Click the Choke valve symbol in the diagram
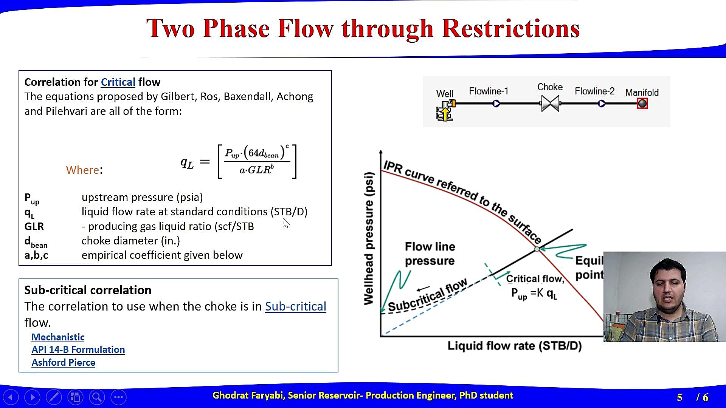point(550,103)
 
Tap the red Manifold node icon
point(642,104)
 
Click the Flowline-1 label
point(489,91)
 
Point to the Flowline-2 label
point(594,91)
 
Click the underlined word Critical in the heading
point(118,82)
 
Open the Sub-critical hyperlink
point(295,306)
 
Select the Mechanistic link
point(58,337)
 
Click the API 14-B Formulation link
point(78,350)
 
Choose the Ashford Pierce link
point(64,363)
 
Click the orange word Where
point(82,170)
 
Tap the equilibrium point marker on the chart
point(537,249)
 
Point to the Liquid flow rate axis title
point(515,346)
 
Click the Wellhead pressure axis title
point(369,238)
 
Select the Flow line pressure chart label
point(430,253)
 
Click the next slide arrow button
point(32,397)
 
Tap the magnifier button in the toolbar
point(97,397)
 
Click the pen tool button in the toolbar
point(54,397)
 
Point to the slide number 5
point(679,397)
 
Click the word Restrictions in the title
point(510,28)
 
